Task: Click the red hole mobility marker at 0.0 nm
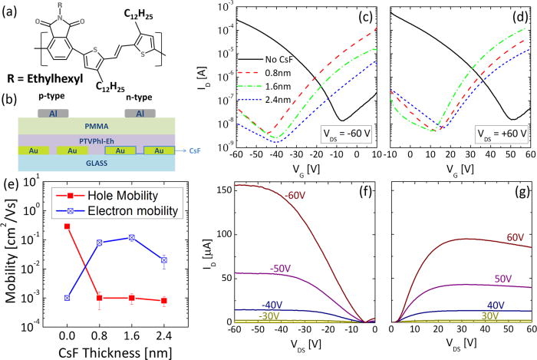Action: pos(68,226)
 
